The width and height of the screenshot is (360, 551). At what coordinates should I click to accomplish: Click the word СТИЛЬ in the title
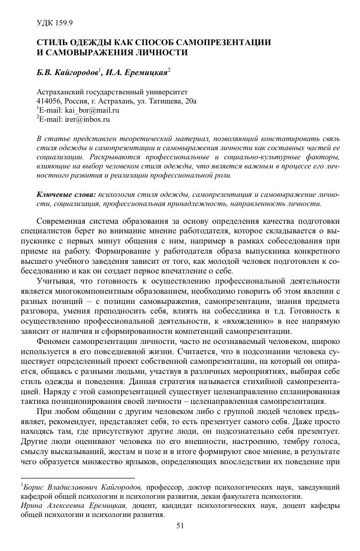[x=53, y=43]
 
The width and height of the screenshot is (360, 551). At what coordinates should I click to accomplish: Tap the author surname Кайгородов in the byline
[x=75, y=73]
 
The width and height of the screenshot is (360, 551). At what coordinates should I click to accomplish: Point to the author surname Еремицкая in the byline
[x=146, y=73]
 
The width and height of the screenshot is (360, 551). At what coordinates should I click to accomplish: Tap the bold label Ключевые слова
[x=67, y=194]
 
